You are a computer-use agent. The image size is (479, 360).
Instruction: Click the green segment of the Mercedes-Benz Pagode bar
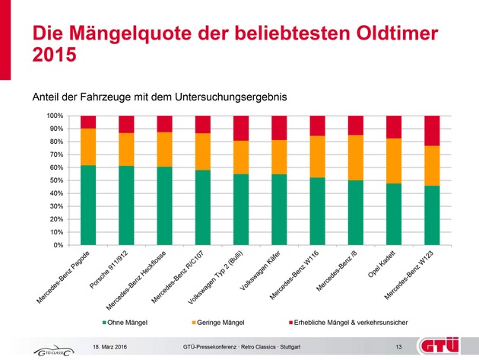coord(88,205)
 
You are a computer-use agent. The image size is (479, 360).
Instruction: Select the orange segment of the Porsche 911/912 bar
coord(126,149)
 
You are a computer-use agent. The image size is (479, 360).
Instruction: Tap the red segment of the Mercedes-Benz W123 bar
coord(432,130)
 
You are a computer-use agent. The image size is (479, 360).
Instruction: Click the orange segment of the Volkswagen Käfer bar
coord(279,157)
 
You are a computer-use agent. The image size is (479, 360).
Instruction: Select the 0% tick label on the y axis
coord(56,245)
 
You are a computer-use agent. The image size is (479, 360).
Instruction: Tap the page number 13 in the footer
coord(398,347)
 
